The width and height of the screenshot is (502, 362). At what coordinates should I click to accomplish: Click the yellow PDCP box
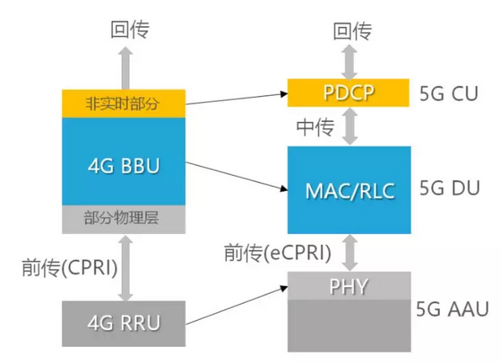coord(348,93)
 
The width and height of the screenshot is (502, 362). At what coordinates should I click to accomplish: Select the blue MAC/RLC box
coord(349,190)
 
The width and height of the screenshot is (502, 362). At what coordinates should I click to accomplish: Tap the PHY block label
coord(349,286)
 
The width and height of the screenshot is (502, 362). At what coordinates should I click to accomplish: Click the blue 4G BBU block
coord(124,162)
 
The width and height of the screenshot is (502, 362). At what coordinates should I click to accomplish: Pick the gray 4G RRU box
coord(124,323)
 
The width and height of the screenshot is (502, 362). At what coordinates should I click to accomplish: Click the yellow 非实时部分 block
coord(124,104)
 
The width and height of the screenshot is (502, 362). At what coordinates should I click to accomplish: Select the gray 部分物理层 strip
coord(124,220)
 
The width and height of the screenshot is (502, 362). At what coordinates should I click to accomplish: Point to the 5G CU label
coord(449,93)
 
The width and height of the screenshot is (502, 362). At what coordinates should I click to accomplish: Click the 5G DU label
coord(450,188)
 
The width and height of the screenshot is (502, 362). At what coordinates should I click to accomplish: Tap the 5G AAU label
coord(452,309)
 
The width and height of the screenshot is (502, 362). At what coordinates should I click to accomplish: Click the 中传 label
coord(315,127)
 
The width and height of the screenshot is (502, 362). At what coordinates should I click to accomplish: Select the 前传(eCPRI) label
coord(277,253)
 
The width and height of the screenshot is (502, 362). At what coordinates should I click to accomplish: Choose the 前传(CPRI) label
coord(70,268)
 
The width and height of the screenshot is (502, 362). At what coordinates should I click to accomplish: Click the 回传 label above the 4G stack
coord(129,29)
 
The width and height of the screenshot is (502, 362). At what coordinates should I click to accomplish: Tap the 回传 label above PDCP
coord(352,31)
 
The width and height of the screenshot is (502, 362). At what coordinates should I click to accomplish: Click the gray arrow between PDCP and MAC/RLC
coord(350,126)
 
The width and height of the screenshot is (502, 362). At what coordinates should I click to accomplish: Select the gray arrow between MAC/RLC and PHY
coord(350,253)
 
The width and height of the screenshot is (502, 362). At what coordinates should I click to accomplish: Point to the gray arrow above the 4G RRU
coord(125,268)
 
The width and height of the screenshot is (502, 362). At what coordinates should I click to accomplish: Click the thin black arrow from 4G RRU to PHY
coord(236,306)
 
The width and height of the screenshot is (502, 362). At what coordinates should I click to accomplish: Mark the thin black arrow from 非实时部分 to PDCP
coord(236,98)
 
